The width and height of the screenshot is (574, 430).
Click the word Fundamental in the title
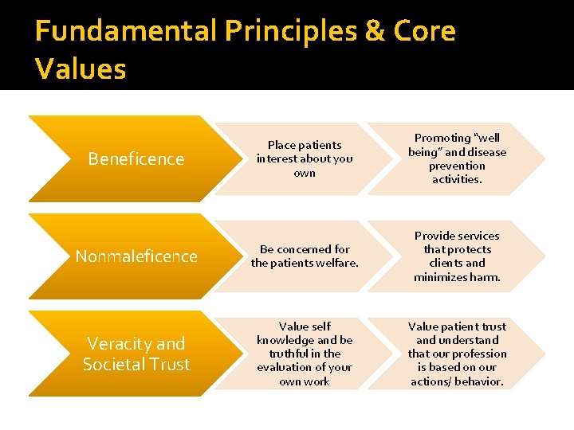[126, 32]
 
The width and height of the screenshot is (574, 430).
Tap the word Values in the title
[81, 69]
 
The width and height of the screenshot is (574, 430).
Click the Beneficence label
[136, 159]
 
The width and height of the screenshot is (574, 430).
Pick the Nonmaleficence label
[136, 256]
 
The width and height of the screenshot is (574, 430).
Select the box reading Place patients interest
[304, 158]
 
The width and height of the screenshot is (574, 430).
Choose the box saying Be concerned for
[305, 256]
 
